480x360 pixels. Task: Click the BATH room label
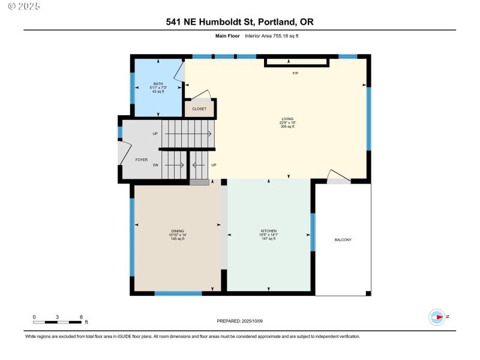pyautogui.click(x=158, y=84)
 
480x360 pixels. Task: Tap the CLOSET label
pyautogui.click(x=199, y=109)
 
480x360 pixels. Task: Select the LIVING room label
pyautogui.click(x=288, y=118)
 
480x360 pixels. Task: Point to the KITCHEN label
pyautogui.click(x=268, y=230)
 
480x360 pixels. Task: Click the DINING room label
pyautogui.click(x=178, y=230)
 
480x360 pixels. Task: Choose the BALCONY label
pyautogui.click(x=343, y=240)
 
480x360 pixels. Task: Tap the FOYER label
pyautogui.click(x=141, y=160)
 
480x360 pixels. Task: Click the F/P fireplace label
pyautogui.click(x=295, y=73)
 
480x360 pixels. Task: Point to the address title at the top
pyautogui.click(x=239, y=22)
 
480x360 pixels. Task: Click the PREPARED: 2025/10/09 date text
pyautogui.click(x=239, y=322)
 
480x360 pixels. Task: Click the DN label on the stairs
pyautogui.click(x=155, y=165)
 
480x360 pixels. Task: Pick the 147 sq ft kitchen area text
pyautogui.click(x=268, y=239)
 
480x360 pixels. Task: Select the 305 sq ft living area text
pyautogui.click(x=288, y=127)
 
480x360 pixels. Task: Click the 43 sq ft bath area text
pyautogui.click(x=158, y=92)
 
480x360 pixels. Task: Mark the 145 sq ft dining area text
pyautogui.click(x=178, y=239)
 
